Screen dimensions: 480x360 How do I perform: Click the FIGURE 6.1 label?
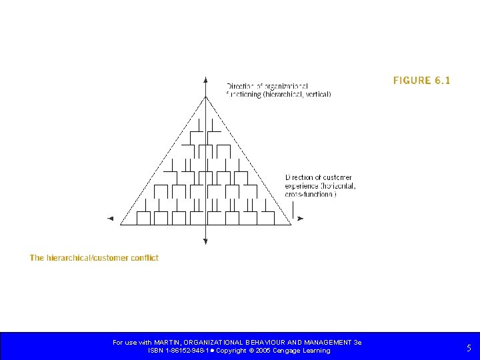pyautogui.click(x=421, y=81)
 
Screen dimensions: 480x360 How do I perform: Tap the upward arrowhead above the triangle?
pyautogui.click(x=205, y=80)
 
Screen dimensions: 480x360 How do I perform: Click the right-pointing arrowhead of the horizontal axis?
pyautogui.click(x=301, y=218)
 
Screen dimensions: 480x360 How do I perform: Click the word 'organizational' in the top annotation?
pyautogui.click(x=287, y=86)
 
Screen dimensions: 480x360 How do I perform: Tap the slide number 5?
pyautogui.click(x=469, y=347)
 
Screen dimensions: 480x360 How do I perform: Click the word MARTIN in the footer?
pyautogui.click(x=170, y=343)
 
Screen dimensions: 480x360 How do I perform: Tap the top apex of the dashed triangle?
pyautogui.click(x=205, y=97)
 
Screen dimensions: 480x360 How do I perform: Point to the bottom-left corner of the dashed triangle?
pyautogui.click(x=120, y=225)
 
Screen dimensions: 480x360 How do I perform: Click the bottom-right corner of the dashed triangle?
pyautogui.click(x=291, y=225)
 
